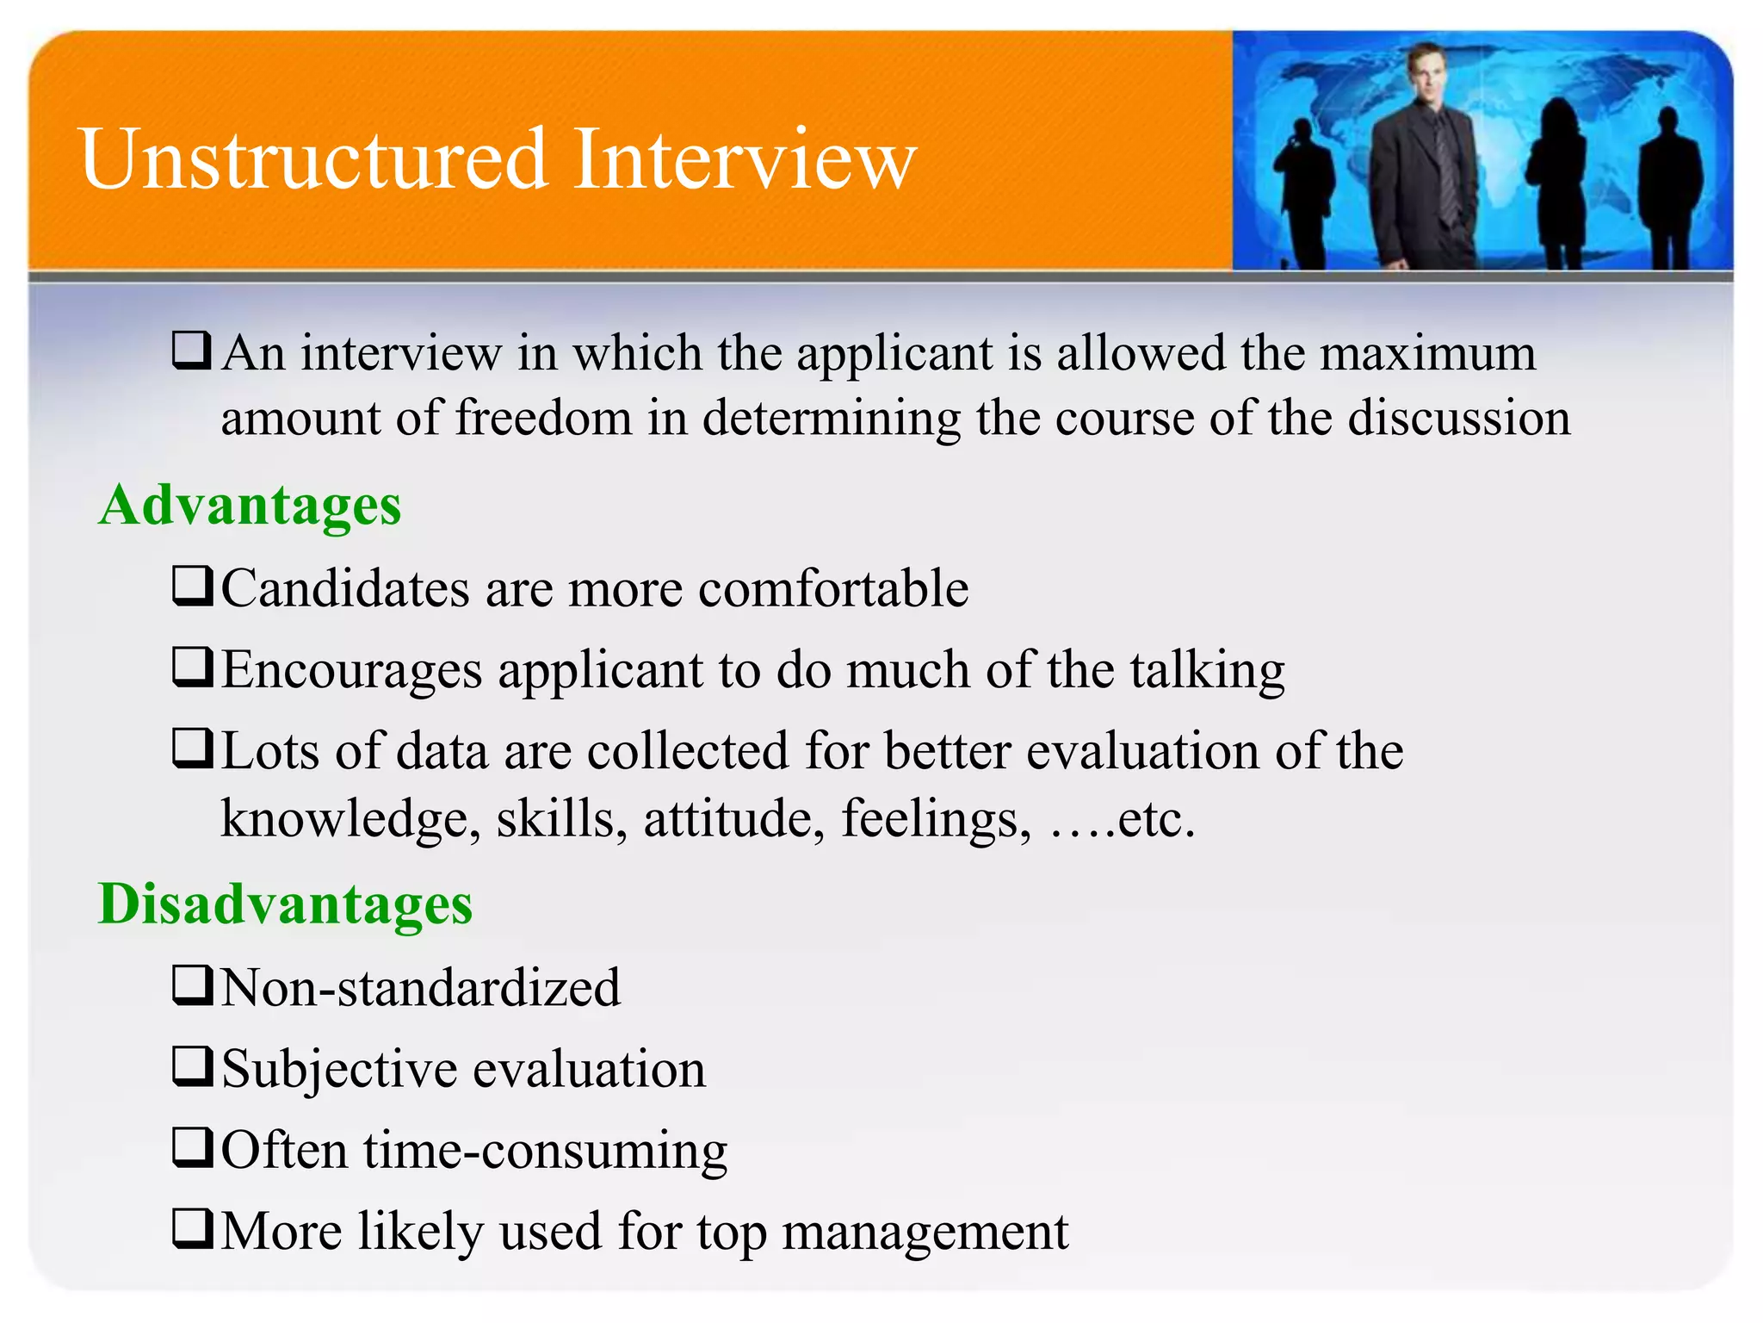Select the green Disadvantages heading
click(285, 904)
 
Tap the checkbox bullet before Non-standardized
click(191, 985)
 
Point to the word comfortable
click(832, 589)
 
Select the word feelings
click(935, 819)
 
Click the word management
click(925, 1232)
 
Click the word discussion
click(1458, 419)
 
